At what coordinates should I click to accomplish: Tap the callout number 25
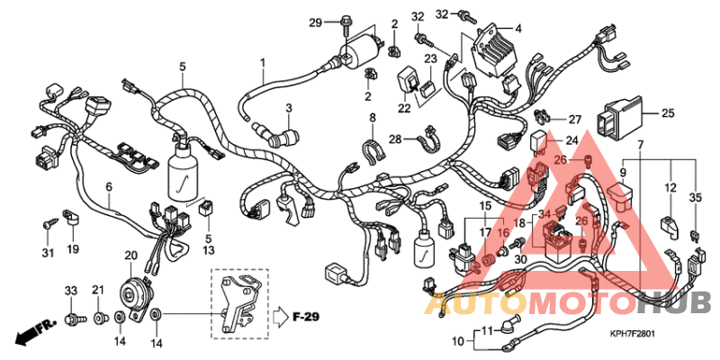point(668,113)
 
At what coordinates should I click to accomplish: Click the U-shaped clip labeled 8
point(370,150)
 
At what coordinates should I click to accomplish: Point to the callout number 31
point(47,249)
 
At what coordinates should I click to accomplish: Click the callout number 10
point(459,342)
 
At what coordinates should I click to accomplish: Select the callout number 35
point(695,198)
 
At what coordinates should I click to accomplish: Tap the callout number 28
point(395,139)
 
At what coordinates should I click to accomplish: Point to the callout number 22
point(404,109)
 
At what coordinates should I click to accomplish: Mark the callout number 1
point(264,63)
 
